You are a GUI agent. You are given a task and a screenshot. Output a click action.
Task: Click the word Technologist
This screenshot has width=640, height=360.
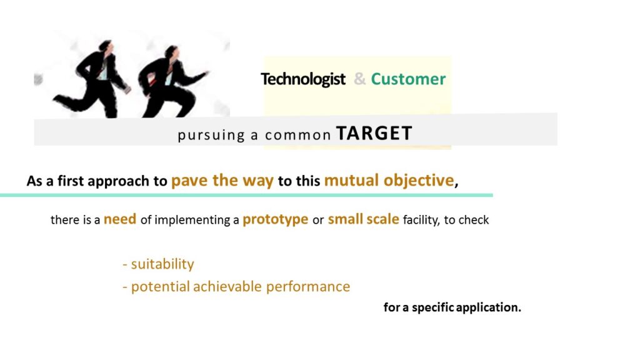(x=303, y=79)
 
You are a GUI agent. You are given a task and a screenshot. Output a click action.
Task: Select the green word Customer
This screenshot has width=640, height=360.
(x=408, y=79)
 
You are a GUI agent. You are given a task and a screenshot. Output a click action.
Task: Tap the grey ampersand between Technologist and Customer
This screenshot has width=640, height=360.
(x=359, y=79)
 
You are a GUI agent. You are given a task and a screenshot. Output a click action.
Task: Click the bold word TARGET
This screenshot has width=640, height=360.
(x=374, y=133)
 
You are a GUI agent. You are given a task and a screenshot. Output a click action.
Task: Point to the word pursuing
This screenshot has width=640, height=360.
(x=211, y=135)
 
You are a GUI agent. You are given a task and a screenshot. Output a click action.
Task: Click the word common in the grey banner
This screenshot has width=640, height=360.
(x=297, y=135)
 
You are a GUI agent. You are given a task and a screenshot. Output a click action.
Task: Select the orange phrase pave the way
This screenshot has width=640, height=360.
(x=222, y=181)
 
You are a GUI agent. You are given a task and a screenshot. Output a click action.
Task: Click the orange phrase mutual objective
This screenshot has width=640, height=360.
(x=389, y=181)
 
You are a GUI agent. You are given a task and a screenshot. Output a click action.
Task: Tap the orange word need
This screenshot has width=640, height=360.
(x=120, y=219)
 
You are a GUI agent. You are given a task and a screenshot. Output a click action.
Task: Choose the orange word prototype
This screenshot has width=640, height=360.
(x=276, y=220)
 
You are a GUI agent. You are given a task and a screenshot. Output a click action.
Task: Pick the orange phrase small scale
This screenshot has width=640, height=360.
(x=363, y=219)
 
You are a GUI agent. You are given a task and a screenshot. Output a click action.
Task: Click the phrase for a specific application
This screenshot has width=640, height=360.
(x=452, y=307)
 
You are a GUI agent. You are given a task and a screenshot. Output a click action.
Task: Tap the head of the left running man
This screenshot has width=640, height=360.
(x=107, y=46)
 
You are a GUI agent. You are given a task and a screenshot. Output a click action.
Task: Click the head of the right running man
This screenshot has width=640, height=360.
(x=172, y=52)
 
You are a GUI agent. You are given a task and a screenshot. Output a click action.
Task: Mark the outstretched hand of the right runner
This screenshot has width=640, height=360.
(x=204, y=74)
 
